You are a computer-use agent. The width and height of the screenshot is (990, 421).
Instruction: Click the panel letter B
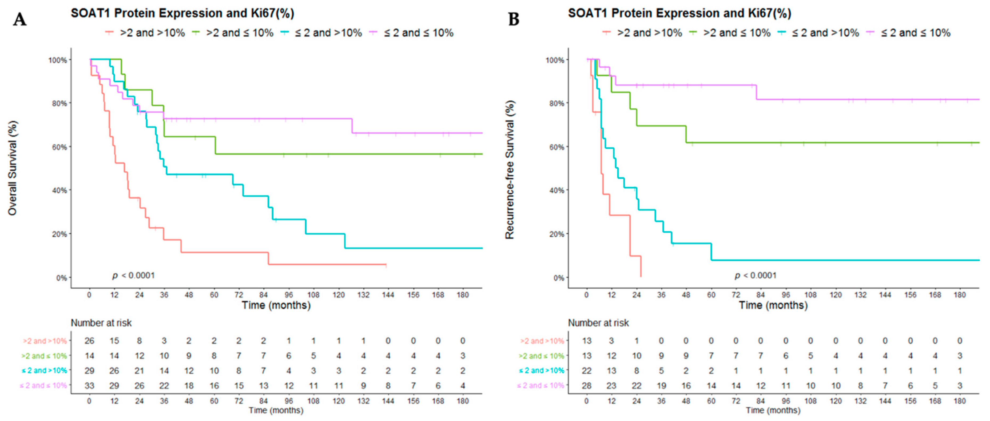(514, 19)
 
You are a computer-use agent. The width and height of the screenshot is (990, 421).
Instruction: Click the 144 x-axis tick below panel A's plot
(388, 295)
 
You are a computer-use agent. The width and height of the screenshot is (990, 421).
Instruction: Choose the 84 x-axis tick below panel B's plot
(760, 295)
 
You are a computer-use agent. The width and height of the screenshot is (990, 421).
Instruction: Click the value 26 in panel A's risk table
(89, 341)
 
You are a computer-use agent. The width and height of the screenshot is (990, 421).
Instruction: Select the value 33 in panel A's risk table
(89, 386)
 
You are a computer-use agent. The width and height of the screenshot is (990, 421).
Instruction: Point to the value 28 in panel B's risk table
(586, 386)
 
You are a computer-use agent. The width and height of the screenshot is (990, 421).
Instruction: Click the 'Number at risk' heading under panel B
(598, 323)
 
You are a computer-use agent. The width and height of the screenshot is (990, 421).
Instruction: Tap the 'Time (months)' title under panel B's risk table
(773, 410)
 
